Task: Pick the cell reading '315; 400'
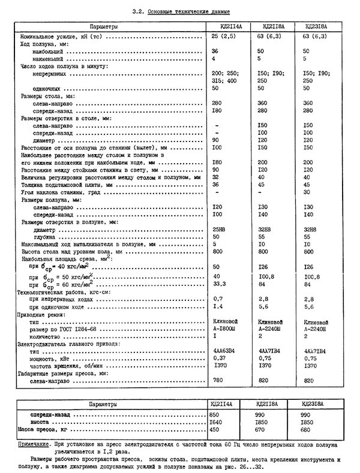tap(224, 80)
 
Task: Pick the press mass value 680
tap(308, 430)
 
